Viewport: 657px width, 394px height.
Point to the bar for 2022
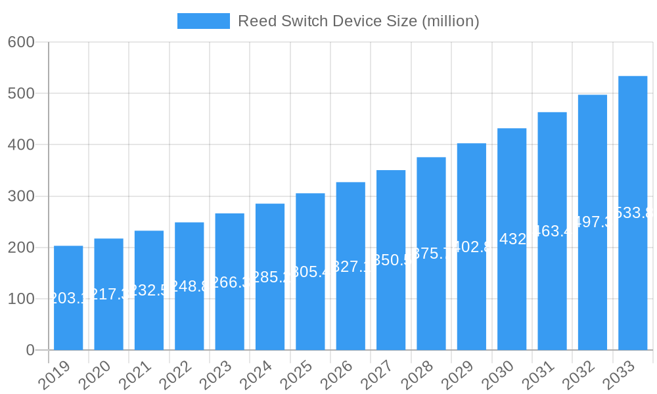pos(189,286)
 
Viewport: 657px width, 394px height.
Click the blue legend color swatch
pos(204,21)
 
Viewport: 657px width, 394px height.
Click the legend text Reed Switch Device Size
pos(358,21)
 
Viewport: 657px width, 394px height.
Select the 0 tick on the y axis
pos(30,350)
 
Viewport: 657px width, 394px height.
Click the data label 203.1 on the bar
pos(68,299)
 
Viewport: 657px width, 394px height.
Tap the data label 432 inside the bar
pos(512,239)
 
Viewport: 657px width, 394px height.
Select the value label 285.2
pos(270,277)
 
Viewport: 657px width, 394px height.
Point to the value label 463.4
pos(552,231)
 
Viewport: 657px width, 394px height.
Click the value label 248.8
pos(189,286)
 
